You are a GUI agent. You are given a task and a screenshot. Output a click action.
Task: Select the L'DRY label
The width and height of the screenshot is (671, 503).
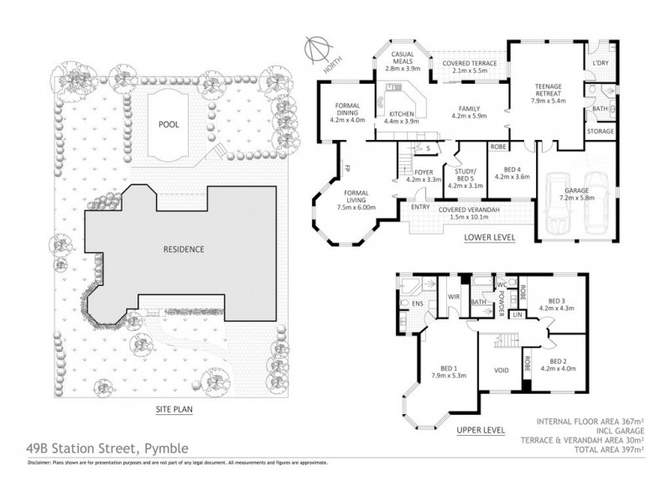coord(601,64)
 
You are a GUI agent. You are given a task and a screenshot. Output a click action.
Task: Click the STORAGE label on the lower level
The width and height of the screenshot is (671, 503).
coord(601,132)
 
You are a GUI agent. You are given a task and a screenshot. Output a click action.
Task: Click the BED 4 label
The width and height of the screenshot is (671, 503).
coord(512,172)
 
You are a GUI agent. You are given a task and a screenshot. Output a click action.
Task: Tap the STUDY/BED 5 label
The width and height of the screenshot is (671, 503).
coord(465,175)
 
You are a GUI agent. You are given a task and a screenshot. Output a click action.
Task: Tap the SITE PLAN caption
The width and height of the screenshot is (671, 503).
coord(174,409)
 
